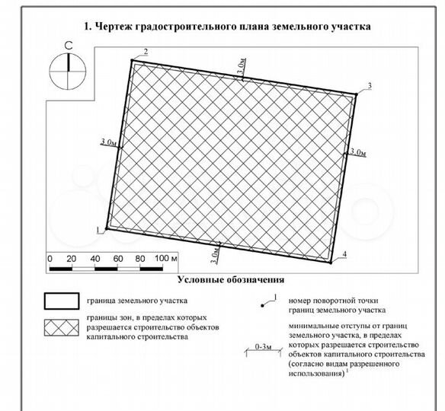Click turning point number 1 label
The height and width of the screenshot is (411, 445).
(98, 227)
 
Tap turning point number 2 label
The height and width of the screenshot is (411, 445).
(146, 51)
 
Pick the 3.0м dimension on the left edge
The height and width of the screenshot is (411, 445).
(108, 142)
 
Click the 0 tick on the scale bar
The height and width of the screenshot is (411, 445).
(50, 260)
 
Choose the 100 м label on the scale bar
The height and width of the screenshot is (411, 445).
(165, 260)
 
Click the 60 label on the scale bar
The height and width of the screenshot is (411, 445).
(118, 260)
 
